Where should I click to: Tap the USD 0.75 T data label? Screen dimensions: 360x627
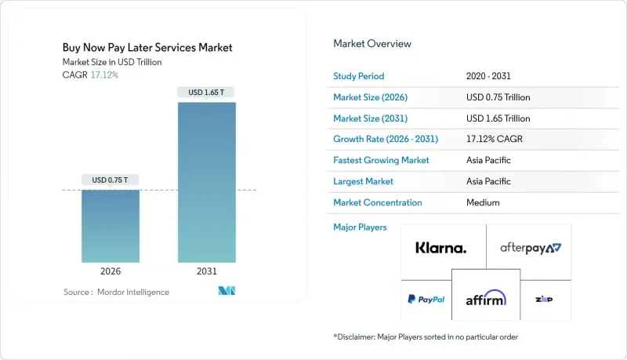(x=111, y=180)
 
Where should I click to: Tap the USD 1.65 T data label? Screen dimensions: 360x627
(x=207, y=93)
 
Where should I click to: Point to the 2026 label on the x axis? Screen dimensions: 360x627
(x=111, y=271)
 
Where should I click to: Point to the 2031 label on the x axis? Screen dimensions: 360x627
(x=207, y=271)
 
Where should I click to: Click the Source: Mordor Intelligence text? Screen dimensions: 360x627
(x=116, y=292)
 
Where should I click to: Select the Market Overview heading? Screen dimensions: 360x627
(x=372, y=43)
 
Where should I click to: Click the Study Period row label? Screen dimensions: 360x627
(x=360, y=76)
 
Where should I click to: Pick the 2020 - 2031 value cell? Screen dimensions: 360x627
(x=489, y=76)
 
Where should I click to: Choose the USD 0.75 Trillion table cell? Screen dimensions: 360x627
(x=498, y=97)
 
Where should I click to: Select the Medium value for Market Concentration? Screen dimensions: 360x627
(x=482, y=202)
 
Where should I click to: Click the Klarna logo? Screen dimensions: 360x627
(x=440, y=248)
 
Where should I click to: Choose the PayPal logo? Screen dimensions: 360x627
(x=426, y=299)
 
